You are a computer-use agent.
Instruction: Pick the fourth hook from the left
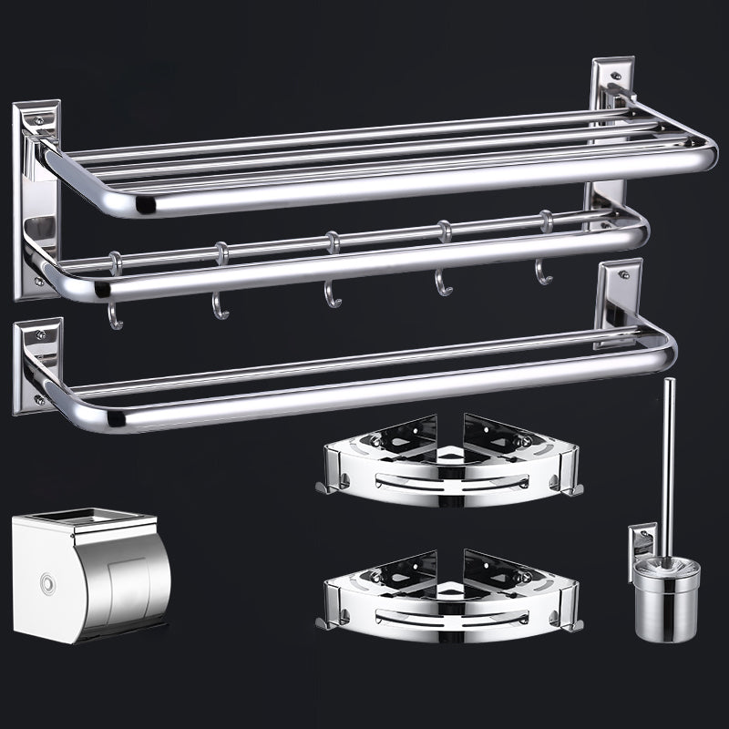(443, 282)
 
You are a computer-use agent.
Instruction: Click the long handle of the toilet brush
(668, 456)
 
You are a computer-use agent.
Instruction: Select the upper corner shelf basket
(448, 465)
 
